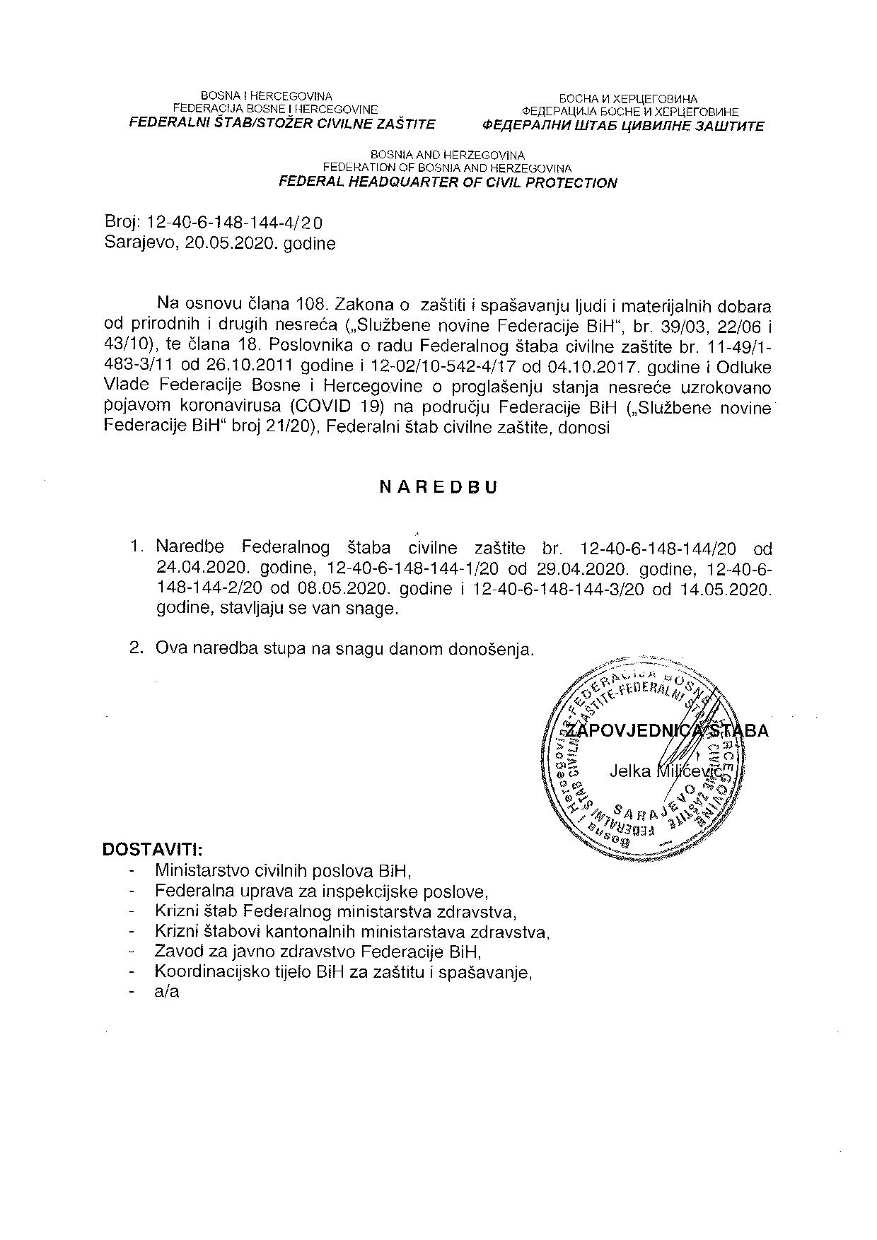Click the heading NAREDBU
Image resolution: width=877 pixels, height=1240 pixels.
coord(438,488)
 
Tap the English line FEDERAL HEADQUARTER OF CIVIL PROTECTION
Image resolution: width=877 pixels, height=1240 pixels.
coord(448,183)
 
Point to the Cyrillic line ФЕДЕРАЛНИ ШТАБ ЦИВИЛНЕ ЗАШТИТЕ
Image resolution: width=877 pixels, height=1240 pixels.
coord(623,127)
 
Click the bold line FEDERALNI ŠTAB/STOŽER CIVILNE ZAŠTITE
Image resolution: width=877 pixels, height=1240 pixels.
coord(281,124)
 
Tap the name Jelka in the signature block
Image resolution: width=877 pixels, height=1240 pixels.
coord(629,771)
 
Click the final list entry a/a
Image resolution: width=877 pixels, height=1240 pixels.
coord(167,992)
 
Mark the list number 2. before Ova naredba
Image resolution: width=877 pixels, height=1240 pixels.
coord(138,648)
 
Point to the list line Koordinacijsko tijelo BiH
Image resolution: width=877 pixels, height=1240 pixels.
coord(343,972)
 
